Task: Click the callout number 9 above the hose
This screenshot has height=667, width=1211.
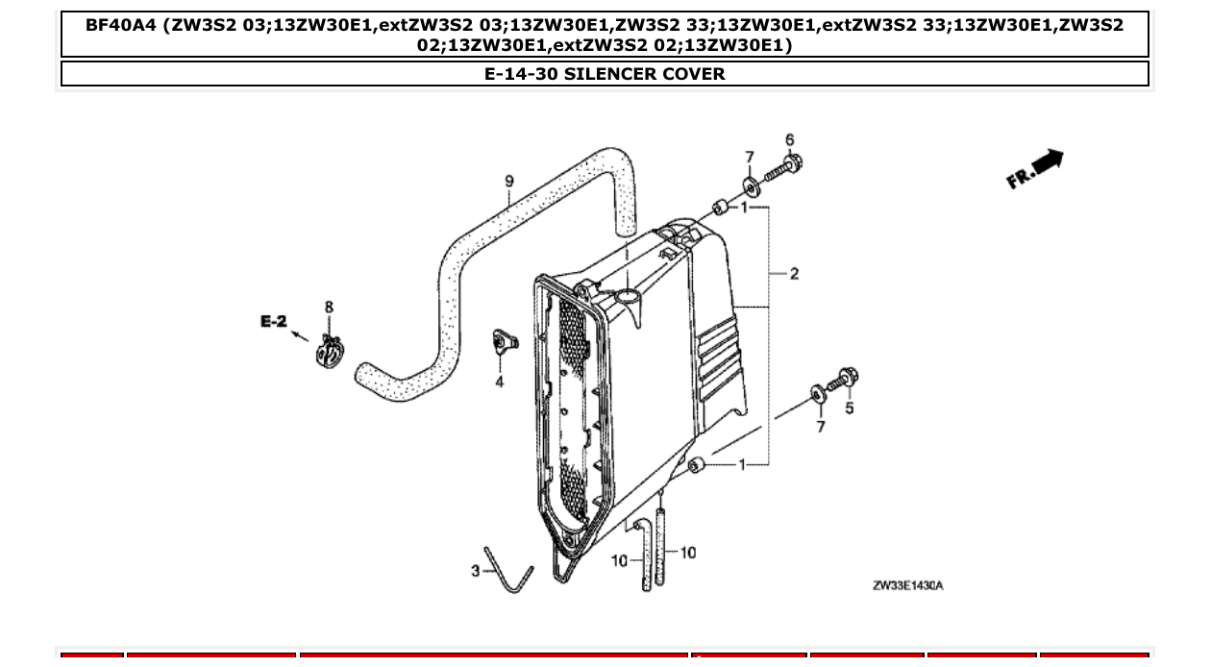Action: [509, 181]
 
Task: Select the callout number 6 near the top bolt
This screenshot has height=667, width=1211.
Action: [790, 140]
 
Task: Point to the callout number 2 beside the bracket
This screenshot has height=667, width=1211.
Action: [794, 274]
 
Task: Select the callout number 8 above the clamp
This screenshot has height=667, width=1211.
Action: [329, 308]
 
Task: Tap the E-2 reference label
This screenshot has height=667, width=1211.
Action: [273, 322]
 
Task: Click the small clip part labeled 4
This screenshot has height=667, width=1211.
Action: [502, 341]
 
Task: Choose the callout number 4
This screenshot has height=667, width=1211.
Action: [500, 382]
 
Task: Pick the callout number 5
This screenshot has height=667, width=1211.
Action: [849, 408]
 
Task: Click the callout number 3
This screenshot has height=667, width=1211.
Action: [475, 571]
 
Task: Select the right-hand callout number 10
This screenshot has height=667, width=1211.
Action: [688, 553]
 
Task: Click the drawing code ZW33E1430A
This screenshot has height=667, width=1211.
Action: [908, 585]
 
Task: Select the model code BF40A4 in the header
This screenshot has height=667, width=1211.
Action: [121, 25]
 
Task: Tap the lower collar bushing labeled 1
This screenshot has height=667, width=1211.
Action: [698, 466]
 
